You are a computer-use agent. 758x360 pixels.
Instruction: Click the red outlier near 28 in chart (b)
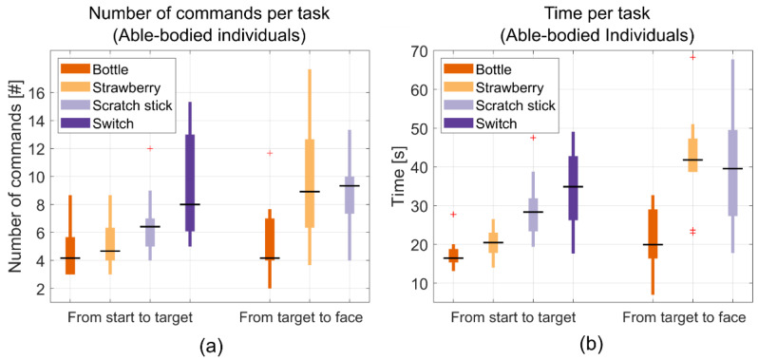(453, 215)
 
